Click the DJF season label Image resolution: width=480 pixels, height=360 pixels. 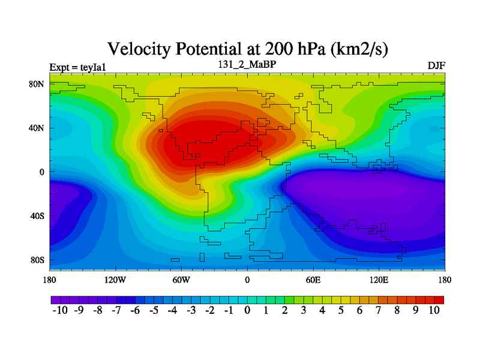click(x=436, y=65)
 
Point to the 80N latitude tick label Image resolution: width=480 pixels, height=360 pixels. click(x=38, y=84)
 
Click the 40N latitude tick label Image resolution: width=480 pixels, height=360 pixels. click(x=38, y=128)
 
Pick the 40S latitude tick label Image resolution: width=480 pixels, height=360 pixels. click(x=38, y=216)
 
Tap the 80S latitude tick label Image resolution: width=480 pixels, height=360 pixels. click(x=38, y=260)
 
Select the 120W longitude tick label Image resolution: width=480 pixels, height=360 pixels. click(x=115, y=280)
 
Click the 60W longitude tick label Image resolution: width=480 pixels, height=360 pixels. click(x=181, y=280)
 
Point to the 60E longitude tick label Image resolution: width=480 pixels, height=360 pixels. click(x=313, y=280)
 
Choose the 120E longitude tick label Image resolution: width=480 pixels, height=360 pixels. click(x=379, y=280)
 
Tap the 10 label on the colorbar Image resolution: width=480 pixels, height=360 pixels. click(x=435, y=310)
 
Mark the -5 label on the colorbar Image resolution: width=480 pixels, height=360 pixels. click(x=154, y=310)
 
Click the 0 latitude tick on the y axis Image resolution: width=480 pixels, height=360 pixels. click(x=42, y=172)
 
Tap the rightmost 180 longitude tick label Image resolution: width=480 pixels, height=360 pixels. click(x=445, y=280)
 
